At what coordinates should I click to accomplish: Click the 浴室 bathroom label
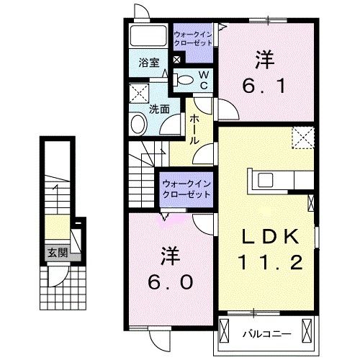pyautogui.click(x=149, y=63)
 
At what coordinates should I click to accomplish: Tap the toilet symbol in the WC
pyautogui.click(x=184, y=80)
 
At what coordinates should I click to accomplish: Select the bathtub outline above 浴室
pyautogui.click(x=148, y=35)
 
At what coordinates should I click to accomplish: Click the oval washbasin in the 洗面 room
pyautogui.click(x=139, y=125)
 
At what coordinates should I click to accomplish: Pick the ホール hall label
pyautogui.click(x=194, y=130)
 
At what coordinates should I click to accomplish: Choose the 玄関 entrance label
pyautogui.click(x=58, y=253)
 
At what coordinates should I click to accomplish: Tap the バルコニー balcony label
pyautogui.click(x=266, y=334)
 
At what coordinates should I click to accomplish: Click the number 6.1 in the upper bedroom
pyautogui.click(x=264, y=86)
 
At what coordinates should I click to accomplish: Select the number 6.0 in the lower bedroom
pyautogui.click(x=171, y=282)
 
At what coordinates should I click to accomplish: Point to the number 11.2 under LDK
pyautogui.click(x=271, y=262)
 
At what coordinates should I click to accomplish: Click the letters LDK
pyautogui.click(x=271, y=236)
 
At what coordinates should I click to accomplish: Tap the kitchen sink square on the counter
pyautogui.click(x=266, y=180)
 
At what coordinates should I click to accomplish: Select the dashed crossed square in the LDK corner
pyautogui.click(x=303, y=138)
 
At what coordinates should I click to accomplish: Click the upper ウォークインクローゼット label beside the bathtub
pyautogui.click(x=193, y=39)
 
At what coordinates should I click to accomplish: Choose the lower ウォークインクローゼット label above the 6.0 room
pyautogui.click(x=186, y=189)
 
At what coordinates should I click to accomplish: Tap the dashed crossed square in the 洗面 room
pyautogui.click(x=139, y=94)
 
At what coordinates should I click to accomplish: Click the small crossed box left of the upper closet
pyautogui.click(x=176, y=60)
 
